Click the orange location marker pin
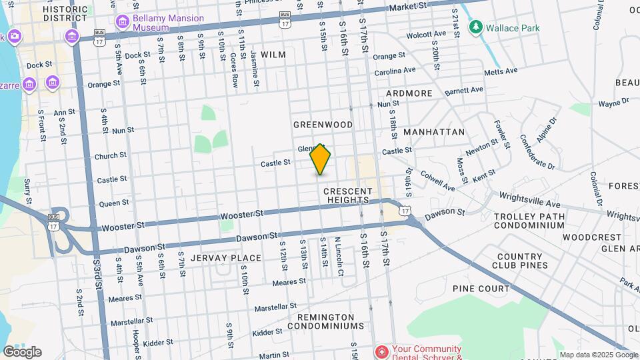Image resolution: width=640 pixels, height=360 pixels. pos(321,159)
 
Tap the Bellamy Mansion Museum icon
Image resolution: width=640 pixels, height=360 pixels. pos(122,23)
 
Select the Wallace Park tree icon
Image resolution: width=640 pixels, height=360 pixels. pos(475,27)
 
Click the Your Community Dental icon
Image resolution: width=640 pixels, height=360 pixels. pos(381,351)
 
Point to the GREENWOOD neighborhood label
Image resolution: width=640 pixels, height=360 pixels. pos(323,125)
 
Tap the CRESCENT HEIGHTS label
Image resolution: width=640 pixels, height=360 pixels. pos(346,195)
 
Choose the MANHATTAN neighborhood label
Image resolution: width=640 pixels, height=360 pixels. pos(434,132)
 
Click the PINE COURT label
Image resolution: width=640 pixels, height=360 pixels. pos(481,289)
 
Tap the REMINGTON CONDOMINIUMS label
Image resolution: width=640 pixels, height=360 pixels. pos(326,321)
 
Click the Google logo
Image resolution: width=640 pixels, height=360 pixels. pos(22,351)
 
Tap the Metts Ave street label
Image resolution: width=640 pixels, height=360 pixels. pos(501,71)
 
